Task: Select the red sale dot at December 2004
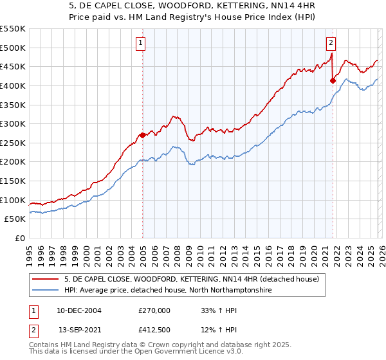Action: click(x=142, y=135)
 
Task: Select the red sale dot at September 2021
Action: click(x=333, y=80)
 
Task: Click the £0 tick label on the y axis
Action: click(x=19, y=238)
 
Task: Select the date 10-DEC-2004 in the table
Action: click(x=78, y=310)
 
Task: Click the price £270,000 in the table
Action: click(x=154, y=310)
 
